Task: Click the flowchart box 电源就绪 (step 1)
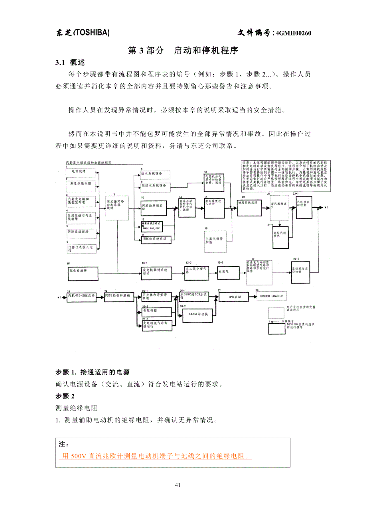coord(81,172)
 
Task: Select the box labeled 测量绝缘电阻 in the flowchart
coord(81,185)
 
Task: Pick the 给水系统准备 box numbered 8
coord(154,174)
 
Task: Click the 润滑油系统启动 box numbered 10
coord(156,206)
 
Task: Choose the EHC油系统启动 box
coord(156,239)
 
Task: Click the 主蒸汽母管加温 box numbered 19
coord(215,240)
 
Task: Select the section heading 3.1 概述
coord(70,63)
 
